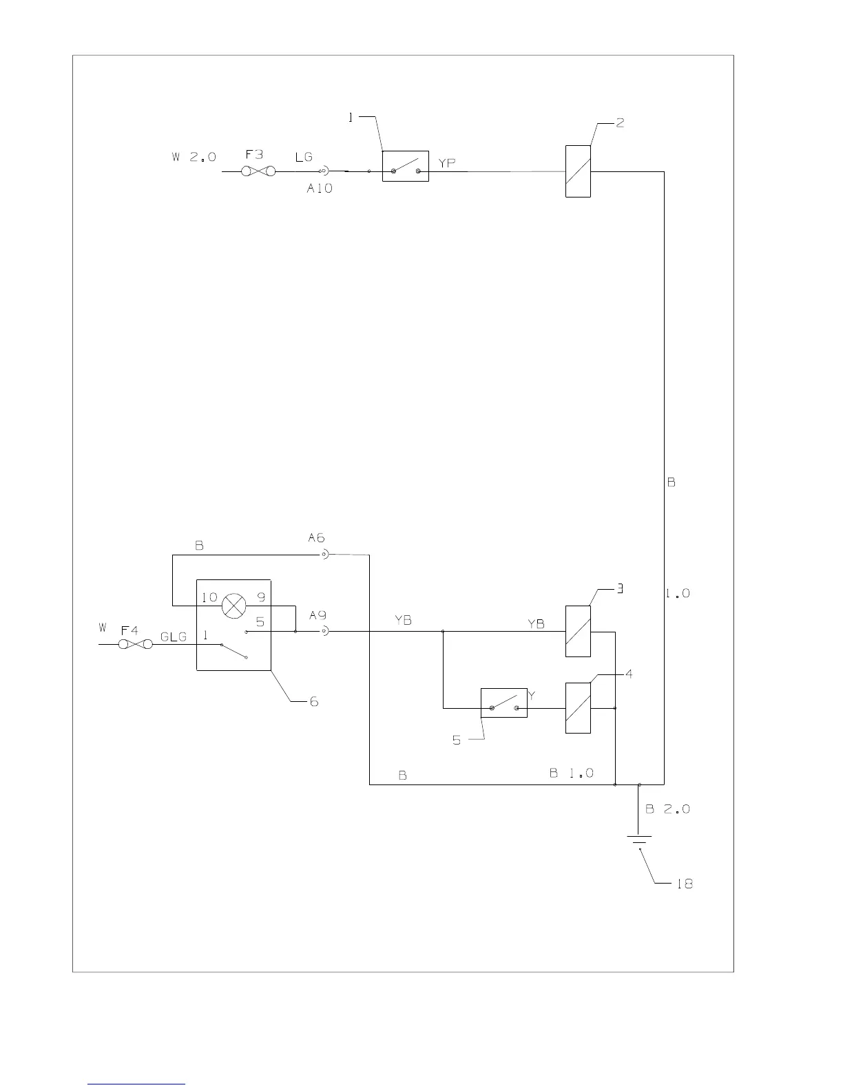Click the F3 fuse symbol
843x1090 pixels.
(258, 171)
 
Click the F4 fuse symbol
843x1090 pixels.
(135, 645)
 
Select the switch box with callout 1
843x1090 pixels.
(406, 167)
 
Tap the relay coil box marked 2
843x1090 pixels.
(578, 171)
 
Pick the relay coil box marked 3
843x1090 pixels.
(578, 631)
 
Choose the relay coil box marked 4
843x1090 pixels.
(578, 707)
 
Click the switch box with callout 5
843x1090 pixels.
(503, 703)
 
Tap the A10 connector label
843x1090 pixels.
(320, 188)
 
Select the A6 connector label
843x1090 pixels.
(316, 538)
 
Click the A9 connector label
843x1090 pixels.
(318, 615)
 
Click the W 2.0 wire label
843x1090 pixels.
(194, 158)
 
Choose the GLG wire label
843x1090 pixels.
(174, 637)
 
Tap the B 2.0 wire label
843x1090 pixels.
(667, 809)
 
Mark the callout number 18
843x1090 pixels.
(684, 884)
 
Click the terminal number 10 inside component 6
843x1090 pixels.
(209, 597)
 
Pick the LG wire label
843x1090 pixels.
(304, 158)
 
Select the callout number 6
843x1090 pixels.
(313, 702)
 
